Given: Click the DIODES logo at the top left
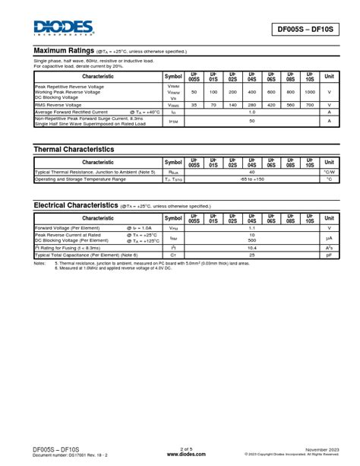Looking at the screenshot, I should (63, 28).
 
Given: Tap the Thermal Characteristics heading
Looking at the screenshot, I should (74, 150).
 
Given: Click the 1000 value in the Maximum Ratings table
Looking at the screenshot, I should (309, 92).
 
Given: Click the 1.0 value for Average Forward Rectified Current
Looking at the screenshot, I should (251, 112).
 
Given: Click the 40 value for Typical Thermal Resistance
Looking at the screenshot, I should (251, 172).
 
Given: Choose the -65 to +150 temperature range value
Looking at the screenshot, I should (251, 179).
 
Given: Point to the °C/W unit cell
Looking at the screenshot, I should (329, 172).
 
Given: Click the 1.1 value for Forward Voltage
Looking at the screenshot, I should (251, 227).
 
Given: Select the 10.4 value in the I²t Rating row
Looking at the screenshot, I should (251, 247).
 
